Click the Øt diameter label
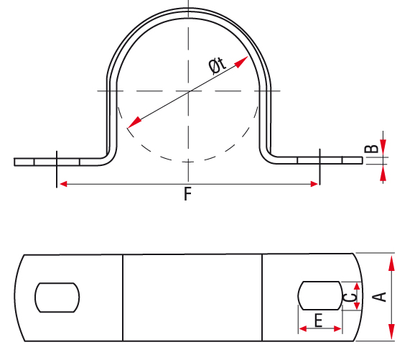click(x=218, y=65)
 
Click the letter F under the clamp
click(x=188, y=194)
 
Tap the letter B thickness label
click(x=372, y=149)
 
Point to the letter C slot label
click(x=350, y=297)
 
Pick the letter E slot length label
click(x=318, y=320)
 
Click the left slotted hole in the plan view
click(x=57, y=297)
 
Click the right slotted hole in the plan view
click(x=320, y=295)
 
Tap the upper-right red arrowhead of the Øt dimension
click(x=241, y=62)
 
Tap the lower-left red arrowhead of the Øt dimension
click(x=134, y=123)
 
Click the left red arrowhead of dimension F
click(x=63, y=184)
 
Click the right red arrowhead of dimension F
click(x=314, y=184)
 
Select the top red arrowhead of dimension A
click(x=391, y=264)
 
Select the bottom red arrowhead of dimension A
click(x=391, y=331)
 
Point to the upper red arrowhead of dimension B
click(x=383, y=146)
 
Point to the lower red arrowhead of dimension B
click(x=383, y=173)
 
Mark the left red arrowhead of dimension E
click(x=303, y=328)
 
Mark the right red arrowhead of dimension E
click(x=337, y=328)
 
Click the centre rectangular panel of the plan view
click(x=192, y=297)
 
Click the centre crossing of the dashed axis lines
click(x=189, y=91)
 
